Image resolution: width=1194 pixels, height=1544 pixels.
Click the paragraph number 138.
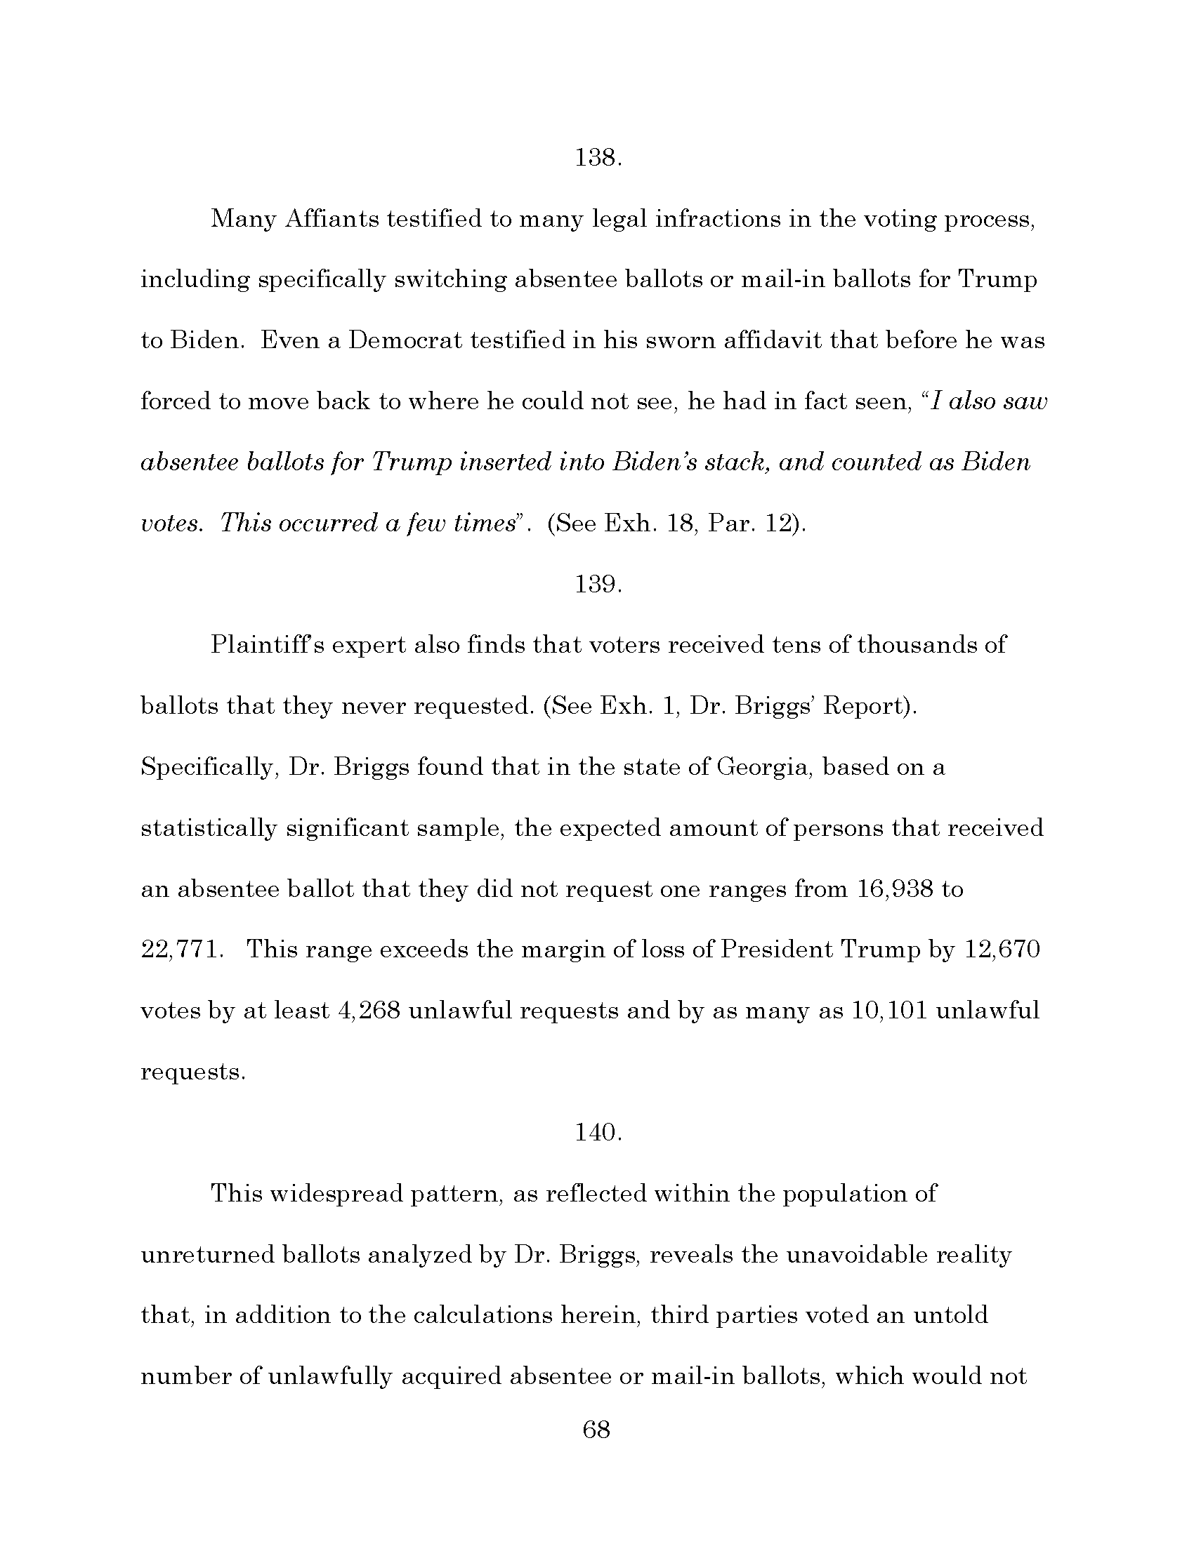(x=598, y=158)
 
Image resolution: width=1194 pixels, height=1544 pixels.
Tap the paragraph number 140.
(x=598, y=1133)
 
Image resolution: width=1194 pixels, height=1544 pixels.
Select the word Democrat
(x=406, y=341)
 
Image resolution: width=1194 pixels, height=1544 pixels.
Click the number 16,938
(x=893, y=889)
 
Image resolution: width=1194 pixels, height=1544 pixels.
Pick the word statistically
(x=209, y=828)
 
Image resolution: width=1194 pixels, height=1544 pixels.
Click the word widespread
(x=337, y=1194)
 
